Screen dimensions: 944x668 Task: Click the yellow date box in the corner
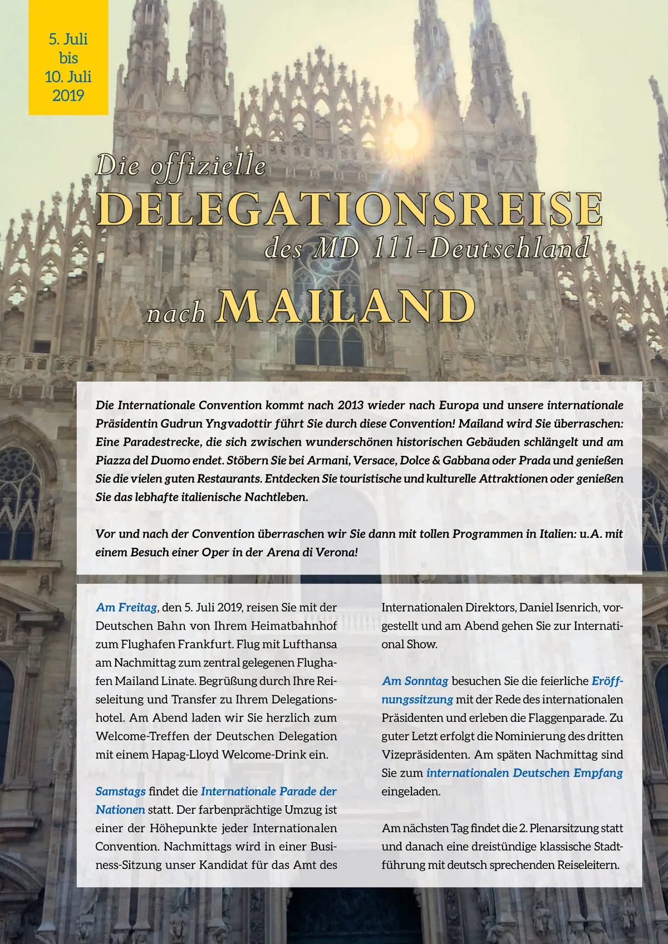(x=68, y=57)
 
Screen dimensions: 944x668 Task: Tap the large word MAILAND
(x=347, y=307)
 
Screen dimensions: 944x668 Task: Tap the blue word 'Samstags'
(x=120, y=791)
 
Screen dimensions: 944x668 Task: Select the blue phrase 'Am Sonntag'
(x=415, y=681)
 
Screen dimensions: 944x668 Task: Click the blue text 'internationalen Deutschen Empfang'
(x=524, y=773)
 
